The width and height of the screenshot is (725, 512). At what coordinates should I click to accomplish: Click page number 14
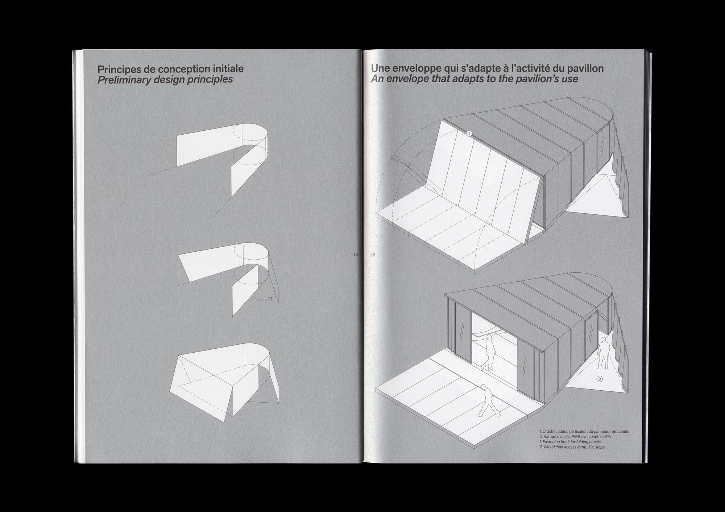356,255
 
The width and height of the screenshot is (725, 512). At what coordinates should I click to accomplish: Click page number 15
373,255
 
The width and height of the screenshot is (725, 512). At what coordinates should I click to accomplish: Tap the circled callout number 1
469,134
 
